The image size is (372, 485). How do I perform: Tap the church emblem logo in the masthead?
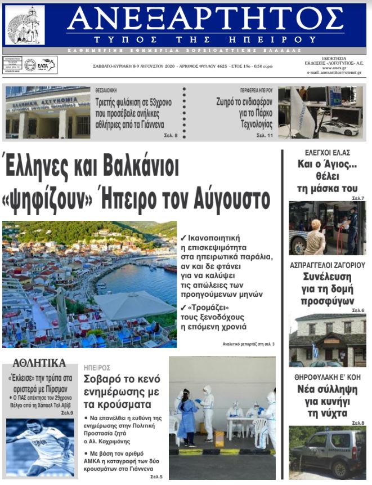pos(25,25)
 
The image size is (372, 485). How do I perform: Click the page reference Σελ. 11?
pos(265,136)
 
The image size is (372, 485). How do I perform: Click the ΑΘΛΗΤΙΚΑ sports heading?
pos(39,363)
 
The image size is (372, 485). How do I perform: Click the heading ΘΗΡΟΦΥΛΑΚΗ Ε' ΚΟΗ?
pos(327,377)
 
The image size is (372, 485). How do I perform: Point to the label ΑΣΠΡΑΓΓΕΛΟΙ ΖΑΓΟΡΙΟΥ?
pos(327,264)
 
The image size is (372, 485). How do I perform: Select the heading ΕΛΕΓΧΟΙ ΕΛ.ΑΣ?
pos(327,153)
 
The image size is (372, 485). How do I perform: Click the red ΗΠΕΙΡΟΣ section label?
pos(97,367)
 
